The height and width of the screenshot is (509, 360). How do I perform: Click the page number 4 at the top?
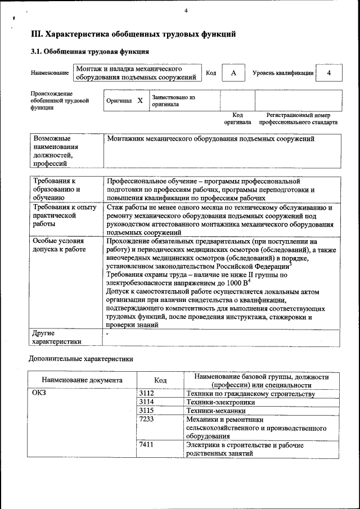(186, 10)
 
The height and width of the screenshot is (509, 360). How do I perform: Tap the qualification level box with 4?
(329, 73)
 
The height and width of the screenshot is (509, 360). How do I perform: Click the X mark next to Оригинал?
(140, 101)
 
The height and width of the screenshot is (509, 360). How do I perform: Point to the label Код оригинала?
(237, 118)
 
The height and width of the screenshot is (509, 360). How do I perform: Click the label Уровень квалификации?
(283, 74)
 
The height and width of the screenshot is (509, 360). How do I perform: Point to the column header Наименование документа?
(82, 380)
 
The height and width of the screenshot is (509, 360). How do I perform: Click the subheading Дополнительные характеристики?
(82, 358)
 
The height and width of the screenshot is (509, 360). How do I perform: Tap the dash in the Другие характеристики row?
(107, 334)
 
